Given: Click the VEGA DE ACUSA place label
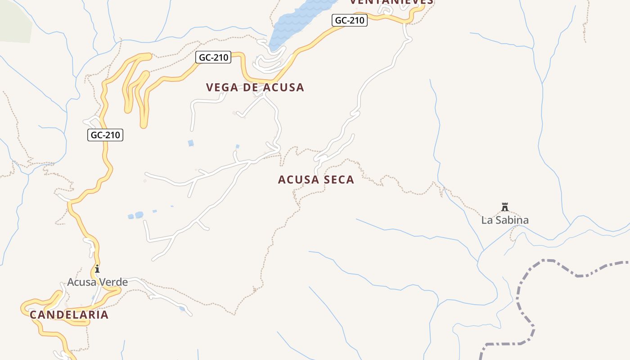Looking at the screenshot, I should pyautogui.click(x=255, y=87).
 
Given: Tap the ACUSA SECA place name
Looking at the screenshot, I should pyautogui.click(x=316, y=180).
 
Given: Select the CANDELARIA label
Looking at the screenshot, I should pyautogui.click(x=69, y=315).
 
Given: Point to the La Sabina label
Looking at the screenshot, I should pyautogui.click(x=505, y=220).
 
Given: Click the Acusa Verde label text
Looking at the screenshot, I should pyautogui.click(x=97, y=282).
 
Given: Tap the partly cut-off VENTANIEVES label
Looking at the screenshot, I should pyautogui.click(x=391, y=2).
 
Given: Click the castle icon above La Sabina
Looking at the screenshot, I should pyautogui.click(x=505, y=207).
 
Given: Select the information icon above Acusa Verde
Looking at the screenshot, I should pyautogui.click(x=97, y=269).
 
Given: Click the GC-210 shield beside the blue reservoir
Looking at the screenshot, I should pyautogui.click(x=350, y=20).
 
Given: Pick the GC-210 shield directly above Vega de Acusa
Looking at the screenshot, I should pyautogui.click(x=214, y=58).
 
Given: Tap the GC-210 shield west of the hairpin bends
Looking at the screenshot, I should pyautogui.click(x=105, y=135).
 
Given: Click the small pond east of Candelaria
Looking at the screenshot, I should pyautogui.click(x=181, y=309).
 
